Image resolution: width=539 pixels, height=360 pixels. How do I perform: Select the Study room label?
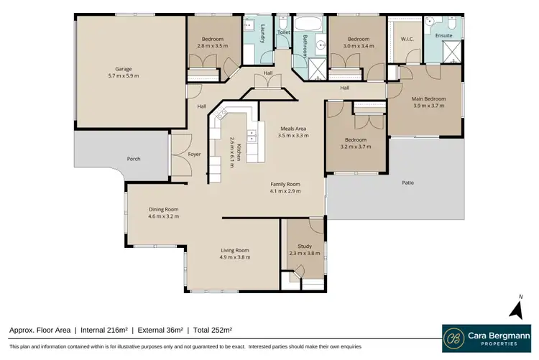(305, 246)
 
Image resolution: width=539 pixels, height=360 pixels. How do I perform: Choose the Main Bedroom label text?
(428, 98)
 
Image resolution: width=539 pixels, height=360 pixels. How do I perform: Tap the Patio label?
(407, 183)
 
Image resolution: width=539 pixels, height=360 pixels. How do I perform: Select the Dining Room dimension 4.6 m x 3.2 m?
(163, 216)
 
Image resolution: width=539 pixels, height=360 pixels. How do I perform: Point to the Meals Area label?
(294, 128)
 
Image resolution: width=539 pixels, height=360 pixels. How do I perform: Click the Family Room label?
(285, 184)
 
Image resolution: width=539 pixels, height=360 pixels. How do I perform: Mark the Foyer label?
(194, 154)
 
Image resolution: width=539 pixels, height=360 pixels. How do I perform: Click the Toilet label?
(283, 32)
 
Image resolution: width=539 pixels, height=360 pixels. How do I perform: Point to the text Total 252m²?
(213, 330)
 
